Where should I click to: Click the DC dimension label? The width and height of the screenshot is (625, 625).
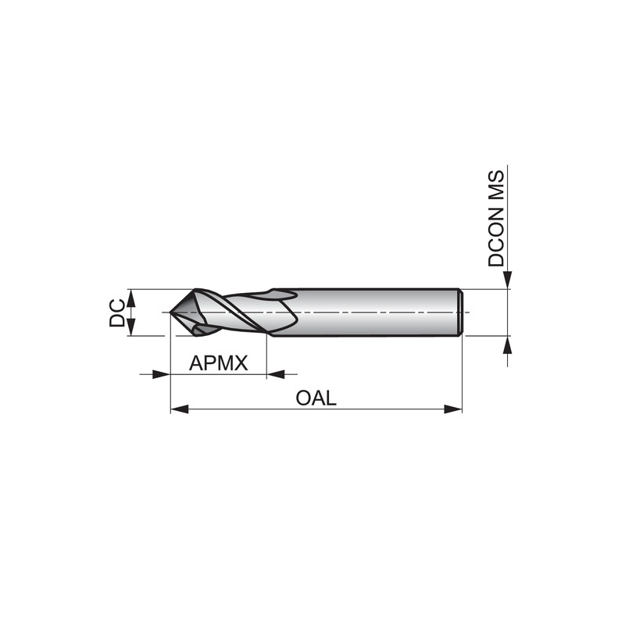(116, 314)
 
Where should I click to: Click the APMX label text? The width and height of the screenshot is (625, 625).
(219, 362)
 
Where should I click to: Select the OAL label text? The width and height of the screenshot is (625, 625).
(316, 398)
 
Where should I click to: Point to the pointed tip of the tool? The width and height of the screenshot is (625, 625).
(170, 312)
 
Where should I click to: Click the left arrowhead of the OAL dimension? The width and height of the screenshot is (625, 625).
(180, 409)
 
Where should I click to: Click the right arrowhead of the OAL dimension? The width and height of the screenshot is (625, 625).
(453, 409)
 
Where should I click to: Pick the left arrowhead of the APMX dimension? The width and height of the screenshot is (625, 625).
(162, 374)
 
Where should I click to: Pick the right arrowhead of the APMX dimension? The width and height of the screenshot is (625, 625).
(276, 374)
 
